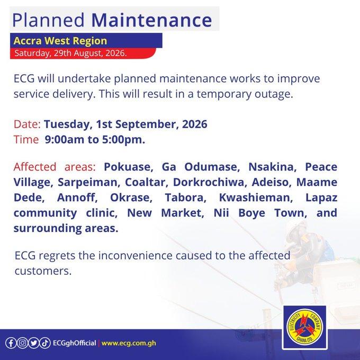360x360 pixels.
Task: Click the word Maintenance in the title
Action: [151, 20]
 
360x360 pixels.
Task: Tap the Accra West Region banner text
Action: [60, 41]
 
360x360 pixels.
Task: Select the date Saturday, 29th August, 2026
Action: [70, 53]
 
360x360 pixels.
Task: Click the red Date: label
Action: [27, 124]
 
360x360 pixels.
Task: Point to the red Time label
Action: [26, 140]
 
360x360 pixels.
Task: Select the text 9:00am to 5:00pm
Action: [95, 140]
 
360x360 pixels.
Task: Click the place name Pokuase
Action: [129, 167]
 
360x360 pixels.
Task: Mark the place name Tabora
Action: [185, 197]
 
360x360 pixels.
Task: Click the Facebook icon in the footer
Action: [11, 343]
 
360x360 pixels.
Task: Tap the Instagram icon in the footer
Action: [22, 343]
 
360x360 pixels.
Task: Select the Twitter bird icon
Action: [34, 343]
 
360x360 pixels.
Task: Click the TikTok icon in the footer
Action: [45, 343]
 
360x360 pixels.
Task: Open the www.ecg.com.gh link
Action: [129, 343]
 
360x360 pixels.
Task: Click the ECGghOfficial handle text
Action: [75, 343]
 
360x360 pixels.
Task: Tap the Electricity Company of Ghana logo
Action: [305, 327]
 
